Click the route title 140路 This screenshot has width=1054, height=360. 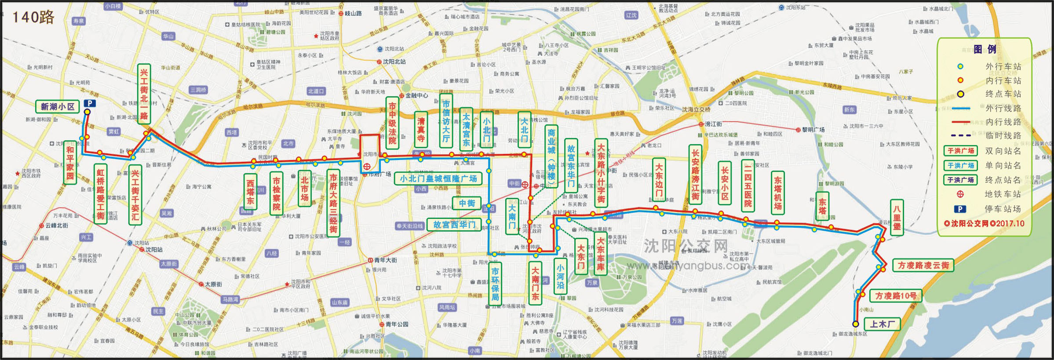point(33,17)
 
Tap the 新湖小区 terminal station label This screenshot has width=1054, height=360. point(57,106)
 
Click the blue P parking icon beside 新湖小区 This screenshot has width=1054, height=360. point(90,103)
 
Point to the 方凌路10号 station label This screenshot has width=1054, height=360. point(896,296)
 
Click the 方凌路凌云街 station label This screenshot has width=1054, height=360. point(923,265)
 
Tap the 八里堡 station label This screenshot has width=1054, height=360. point(897,217)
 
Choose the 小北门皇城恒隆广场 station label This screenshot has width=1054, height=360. point(438,178)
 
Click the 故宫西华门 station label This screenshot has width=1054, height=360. point(454,225)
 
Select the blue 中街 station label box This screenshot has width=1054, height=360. point(467,203)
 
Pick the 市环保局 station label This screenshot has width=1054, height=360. point(495,284)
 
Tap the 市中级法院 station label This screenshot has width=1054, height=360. point(392,123)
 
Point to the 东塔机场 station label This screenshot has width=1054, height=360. point(778,193)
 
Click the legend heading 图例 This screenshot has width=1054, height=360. point(985,49)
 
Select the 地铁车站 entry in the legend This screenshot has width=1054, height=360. point(1003,194)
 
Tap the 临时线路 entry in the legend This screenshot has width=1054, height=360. point(1003,136)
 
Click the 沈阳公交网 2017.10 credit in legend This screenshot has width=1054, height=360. point(984,223)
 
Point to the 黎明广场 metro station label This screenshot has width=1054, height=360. point(813,130)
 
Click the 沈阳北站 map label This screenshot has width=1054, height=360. point(394,62)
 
